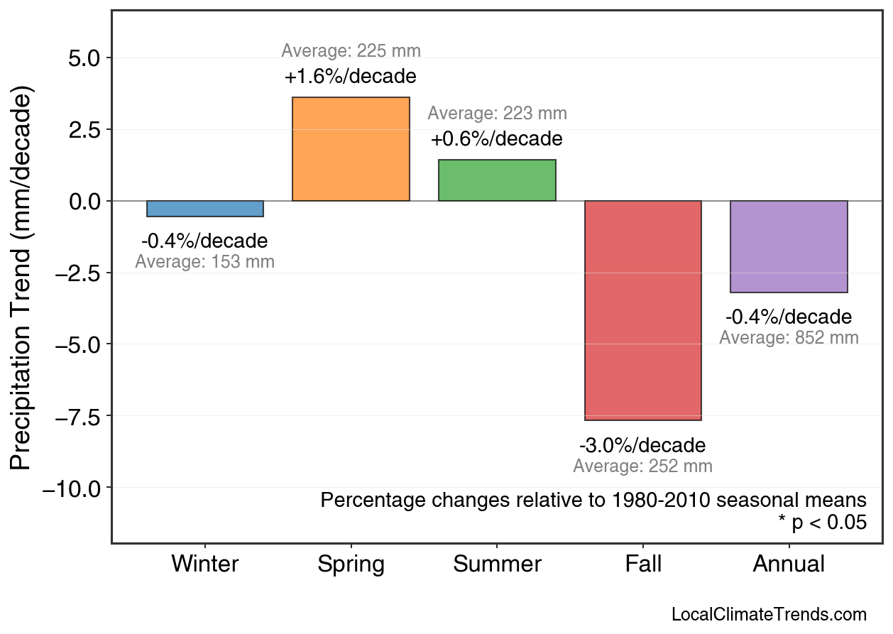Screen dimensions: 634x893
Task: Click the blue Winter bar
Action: [205, 209]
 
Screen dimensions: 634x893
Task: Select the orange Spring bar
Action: [351, 149]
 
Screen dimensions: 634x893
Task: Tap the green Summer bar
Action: [497, 180]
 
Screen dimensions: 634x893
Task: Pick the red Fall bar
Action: [643, 310]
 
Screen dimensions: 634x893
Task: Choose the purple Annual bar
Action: [789, 246]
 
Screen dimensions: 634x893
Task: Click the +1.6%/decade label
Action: [351, 77]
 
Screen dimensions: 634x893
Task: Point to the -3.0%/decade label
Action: [642, 446]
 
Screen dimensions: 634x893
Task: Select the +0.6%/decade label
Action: [497, 139]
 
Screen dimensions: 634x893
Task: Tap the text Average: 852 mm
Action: [789, 338]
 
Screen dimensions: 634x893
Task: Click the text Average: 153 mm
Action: [204, 262]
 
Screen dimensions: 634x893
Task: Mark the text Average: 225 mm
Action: [351, 51]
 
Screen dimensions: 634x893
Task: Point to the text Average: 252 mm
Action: [642, 466]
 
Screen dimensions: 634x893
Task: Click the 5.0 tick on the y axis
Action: [85, 58]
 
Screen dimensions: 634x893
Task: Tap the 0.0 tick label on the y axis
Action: [85, 202]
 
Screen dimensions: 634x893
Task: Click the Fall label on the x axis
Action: [643, 564]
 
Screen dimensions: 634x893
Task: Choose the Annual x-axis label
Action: [789, 564]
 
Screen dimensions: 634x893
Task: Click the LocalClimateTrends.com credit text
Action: [769, 615]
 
